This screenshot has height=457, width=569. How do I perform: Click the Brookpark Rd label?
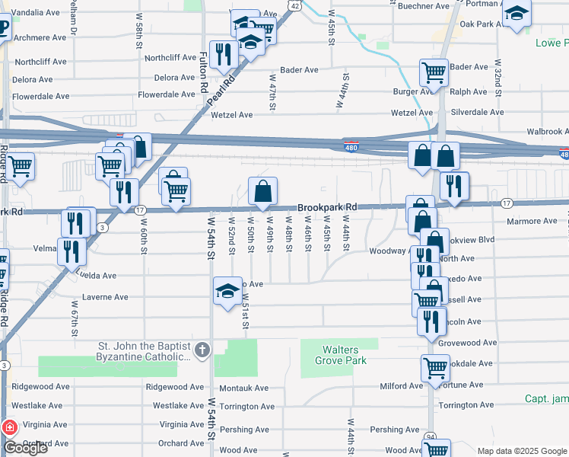[327, 207]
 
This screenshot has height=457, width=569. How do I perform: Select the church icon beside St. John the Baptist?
[201, 350]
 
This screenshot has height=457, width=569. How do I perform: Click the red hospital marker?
[9, 429]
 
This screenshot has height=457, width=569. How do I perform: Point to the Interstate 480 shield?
[350, 149]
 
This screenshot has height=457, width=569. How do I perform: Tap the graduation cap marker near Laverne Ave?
[227, 292]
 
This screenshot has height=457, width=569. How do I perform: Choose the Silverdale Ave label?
[477, 112]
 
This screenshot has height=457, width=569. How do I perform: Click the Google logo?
[26, 448]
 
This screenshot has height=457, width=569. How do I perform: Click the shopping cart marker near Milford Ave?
[435, 369]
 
